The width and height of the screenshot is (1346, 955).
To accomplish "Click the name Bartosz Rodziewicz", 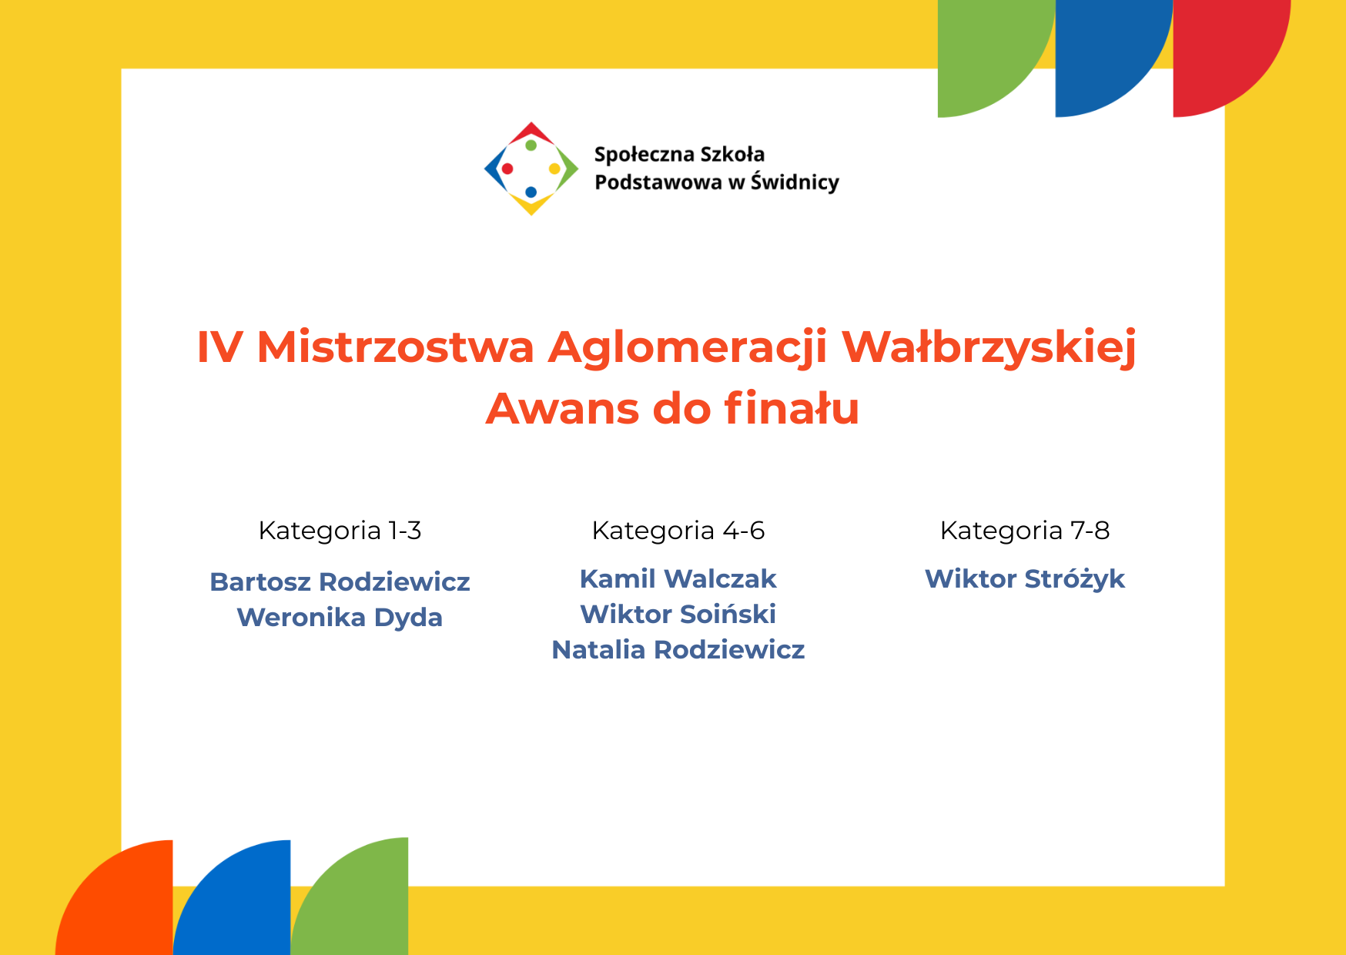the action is coord(340,581).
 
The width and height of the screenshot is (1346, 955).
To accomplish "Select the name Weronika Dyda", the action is coord(340,618).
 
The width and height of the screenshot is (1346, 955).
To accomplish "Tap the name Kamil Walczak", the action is coord(678,578).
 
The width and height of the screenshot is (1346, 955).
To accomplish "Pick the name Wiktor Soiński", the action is coord(678,614).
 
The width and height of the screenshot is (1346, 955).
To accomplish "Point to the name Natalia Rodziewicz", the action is coord(678,649).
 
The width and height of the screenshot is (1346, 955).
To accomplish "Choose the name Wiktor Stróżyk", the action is coord(1024,579).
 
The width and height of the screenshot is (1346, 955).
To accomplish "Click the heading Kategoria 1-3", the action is coord(340,531).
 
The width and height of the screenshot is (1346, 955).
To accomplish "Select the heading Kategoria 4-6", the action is coord(678,531).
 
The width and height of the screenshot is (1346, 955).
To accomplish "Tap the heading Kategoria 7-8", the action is coord(1024,531).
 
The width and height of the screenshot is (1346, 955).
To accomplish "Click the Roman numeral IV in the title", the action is coord(219,347).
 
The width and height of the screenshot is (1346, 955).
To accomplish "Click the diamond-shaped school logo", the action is coord(531,169).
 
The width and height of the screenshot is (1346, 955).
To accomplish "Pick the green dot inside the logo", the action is coord(531,146).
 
